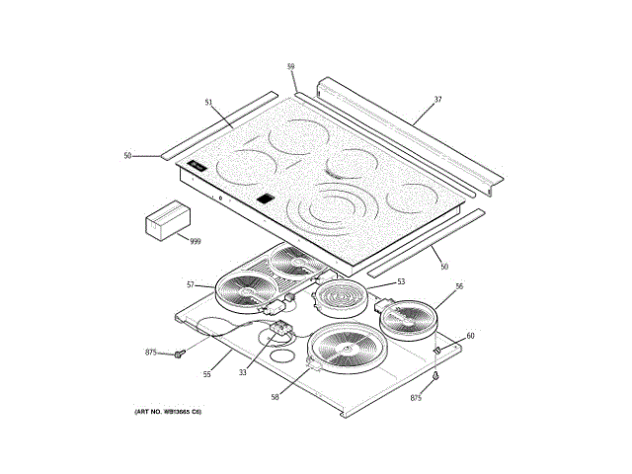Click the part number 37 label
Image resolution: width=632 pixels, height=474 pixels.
point(436,100)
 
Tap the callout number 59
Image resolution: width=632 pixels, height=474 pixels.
point(291,67)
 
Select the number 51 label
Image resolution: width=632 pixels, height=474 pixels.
point(208,102)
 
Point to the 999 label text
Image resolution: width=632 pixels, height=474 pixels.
point(195,241)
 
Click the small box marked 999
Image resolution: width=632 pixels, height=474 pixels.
point(166,220)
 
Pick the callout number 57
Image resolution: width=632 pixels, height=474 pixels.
point(191,284)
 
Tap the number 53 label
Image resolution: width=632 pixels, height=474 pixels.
point(401,281)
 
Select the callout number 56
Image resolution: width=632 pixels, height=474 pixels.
point(458,286)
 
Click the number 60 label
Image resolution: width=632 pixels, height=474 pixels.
point(470,336)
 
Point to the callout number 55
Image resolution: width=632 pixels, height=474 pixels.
point(207,374)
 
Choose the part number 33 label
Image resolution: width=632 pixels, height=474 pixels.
point(242,372)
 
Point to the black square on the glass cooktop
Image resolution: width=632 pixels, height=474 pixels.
point(264,198)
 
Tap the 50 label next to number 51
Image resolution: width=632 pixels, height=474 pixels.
point(127,156)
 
